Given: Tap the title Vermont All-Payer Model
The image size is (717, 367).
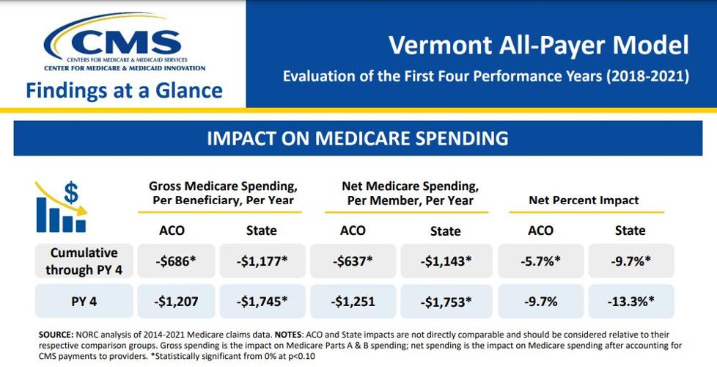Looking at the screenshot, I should point(539,45).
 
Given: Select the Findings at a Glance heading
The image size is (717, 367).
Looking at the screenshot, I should point(125,90).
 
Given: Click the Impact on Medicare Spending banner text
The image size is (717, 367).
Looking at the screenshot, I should point(358,138).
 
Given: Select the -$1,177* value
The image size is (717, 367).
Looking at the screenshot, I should point(261,261).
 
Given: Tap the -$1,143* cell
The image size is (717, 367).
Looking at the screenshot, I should point(445,261).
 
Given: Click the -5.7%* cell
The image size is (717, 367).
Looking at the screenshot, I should point(540,261).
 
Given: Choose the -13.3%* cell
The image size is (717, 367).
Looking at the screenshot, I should point(630,301).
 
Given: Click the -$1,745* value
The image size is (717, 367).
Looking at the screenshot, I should point(261,301).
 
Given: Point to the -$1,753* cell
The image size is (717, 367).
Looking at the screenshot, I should point(445,301).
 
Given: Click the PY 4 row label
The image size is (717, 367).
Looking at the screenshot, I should point(84,301).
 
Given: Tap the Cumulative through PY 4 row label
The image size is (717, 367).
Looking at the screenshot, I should point(84,261).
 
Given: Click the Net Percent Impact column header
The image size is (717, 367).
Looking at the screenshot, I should point(584,200).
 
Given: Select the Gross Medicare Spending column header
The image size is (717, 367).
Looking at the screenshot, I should point(223,193).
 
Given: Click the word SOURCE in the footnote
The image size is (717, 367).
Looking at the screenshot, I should point(56,334).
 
